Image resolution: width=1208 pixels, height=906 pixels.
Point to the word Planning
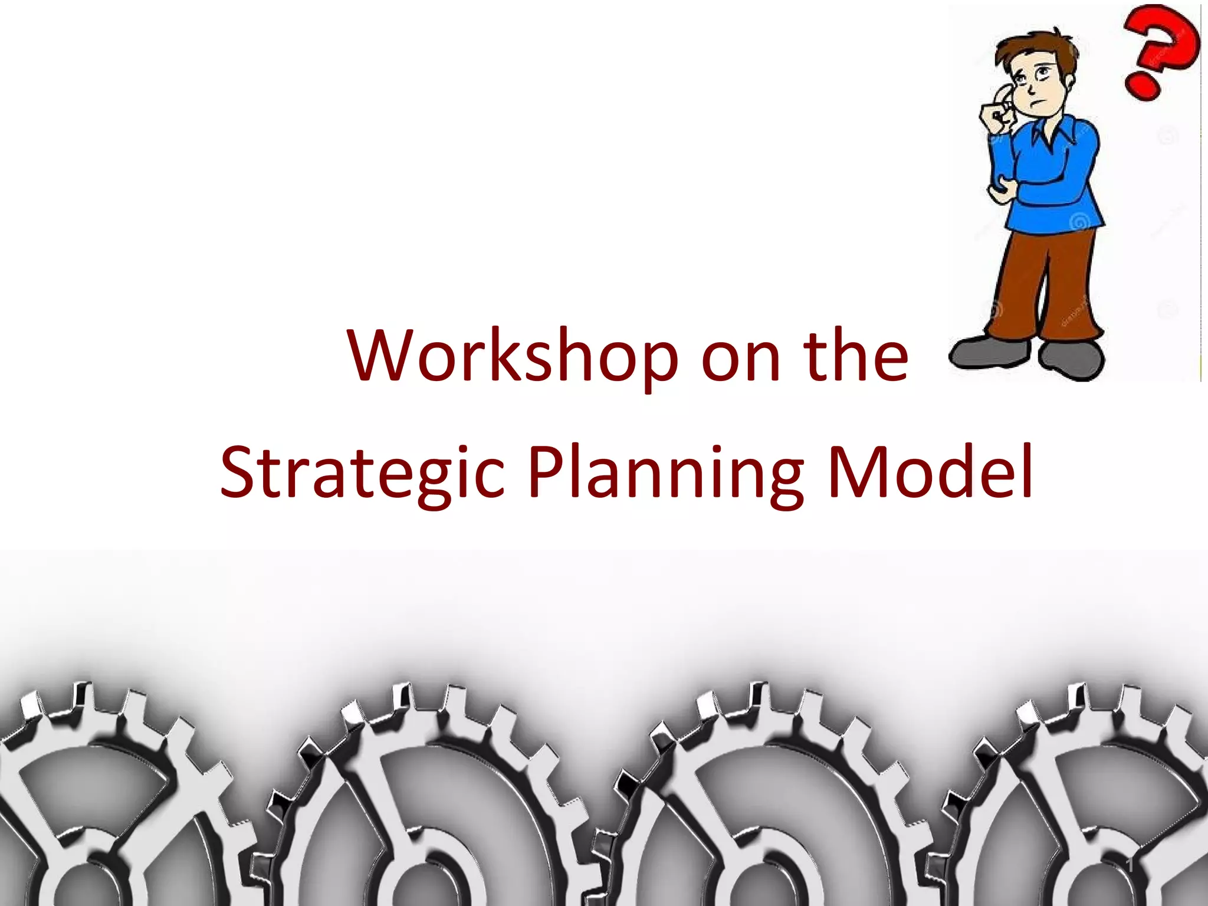tap(665, 474)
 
